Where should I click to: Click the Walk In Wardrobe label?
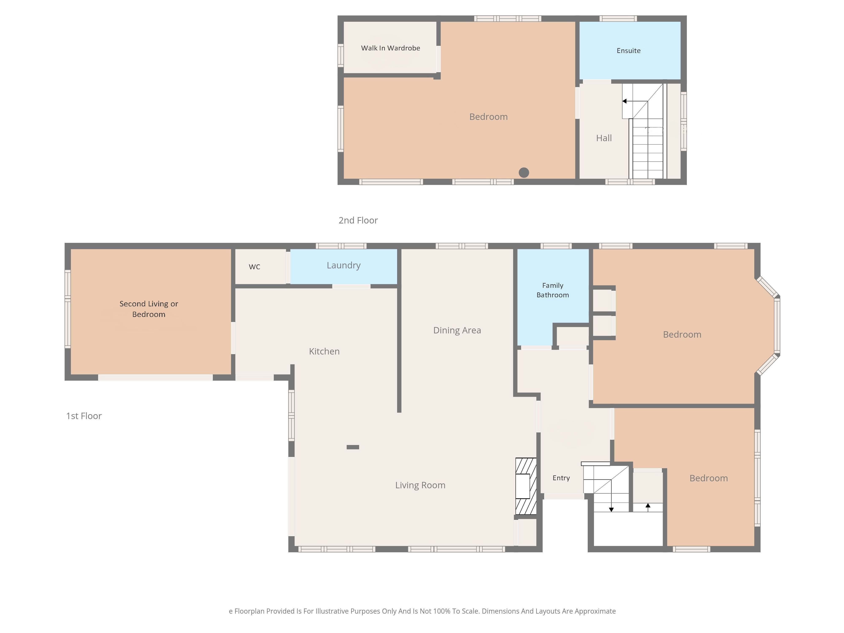pyautogui.click(x=390, y=48)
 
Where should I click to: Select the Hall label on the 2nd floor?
pyautogui.click(x=604, y=138)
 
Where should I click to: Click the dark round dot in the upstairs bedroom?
pyautogui.click(x=524, y=172)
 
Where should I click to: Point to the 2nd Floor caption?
pyautogui.click(x=358, y=220)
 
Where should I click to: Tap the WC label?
pyautogui.click(x=254, y=267)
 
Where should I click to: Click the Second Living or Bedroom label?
pyautogui.click(x=149, y=309)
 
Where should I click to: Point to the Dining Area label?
pyautogui.click(x=457, y=330)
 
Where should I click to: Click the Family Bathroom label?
pyautogui.click(x=552, y=290)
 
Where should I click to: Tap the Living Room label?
pyautogui.click(x=420, y=485)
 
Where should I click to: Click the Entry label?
pyautogui.click(x=561, y=478)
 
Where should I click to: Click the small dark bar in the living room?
pyautogui.click(x=353, y=447)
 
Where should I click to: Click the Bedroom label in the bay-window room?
pyautogui.click(x=682, y=335)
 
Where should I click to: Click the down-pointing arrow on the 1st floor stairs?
pyautogui.click(x=611, y=496)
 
